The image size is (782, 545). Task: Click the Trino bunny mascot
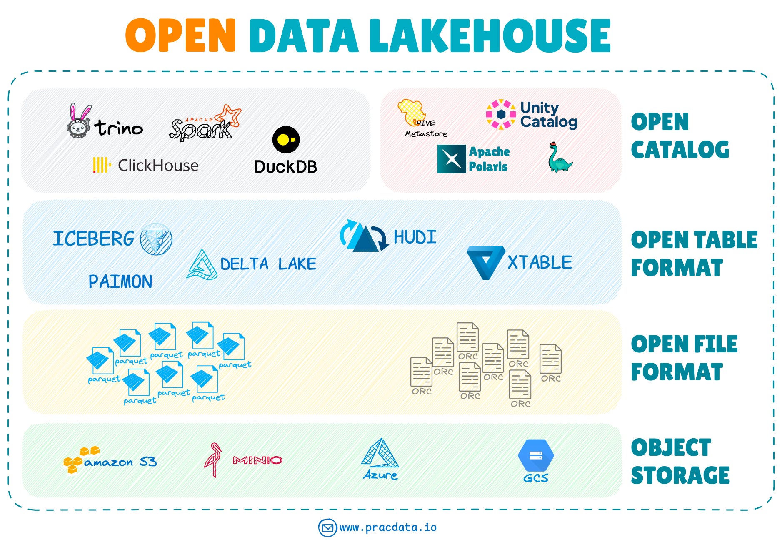coord(79,122)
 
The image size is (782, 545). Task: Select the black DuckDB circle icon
coord(286,140)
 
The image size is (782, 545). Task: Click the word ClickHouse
coord(158,166)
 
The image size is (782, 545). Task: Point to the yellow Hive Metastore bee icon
coord(411,112)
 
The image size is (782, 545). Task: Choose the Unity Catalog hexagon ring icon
coord(501,114)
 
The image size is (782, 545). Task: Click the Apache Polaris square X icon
coord(451,159)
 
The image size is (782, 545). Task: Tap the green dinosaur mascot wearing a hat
coord(559,158)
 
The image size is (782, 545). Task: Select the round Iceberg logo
coord(156,239)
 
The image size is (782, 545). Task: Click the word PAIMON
coord(120,282)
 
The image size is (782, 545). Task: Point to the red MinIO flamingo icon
coord(213,460)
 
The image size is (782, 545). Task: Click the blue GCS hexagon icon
coord(536,455)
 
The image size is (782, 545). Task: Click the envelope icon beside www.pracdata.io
coord(327,528)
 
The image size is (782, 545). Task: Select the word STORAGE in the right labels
coord(680,475)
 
